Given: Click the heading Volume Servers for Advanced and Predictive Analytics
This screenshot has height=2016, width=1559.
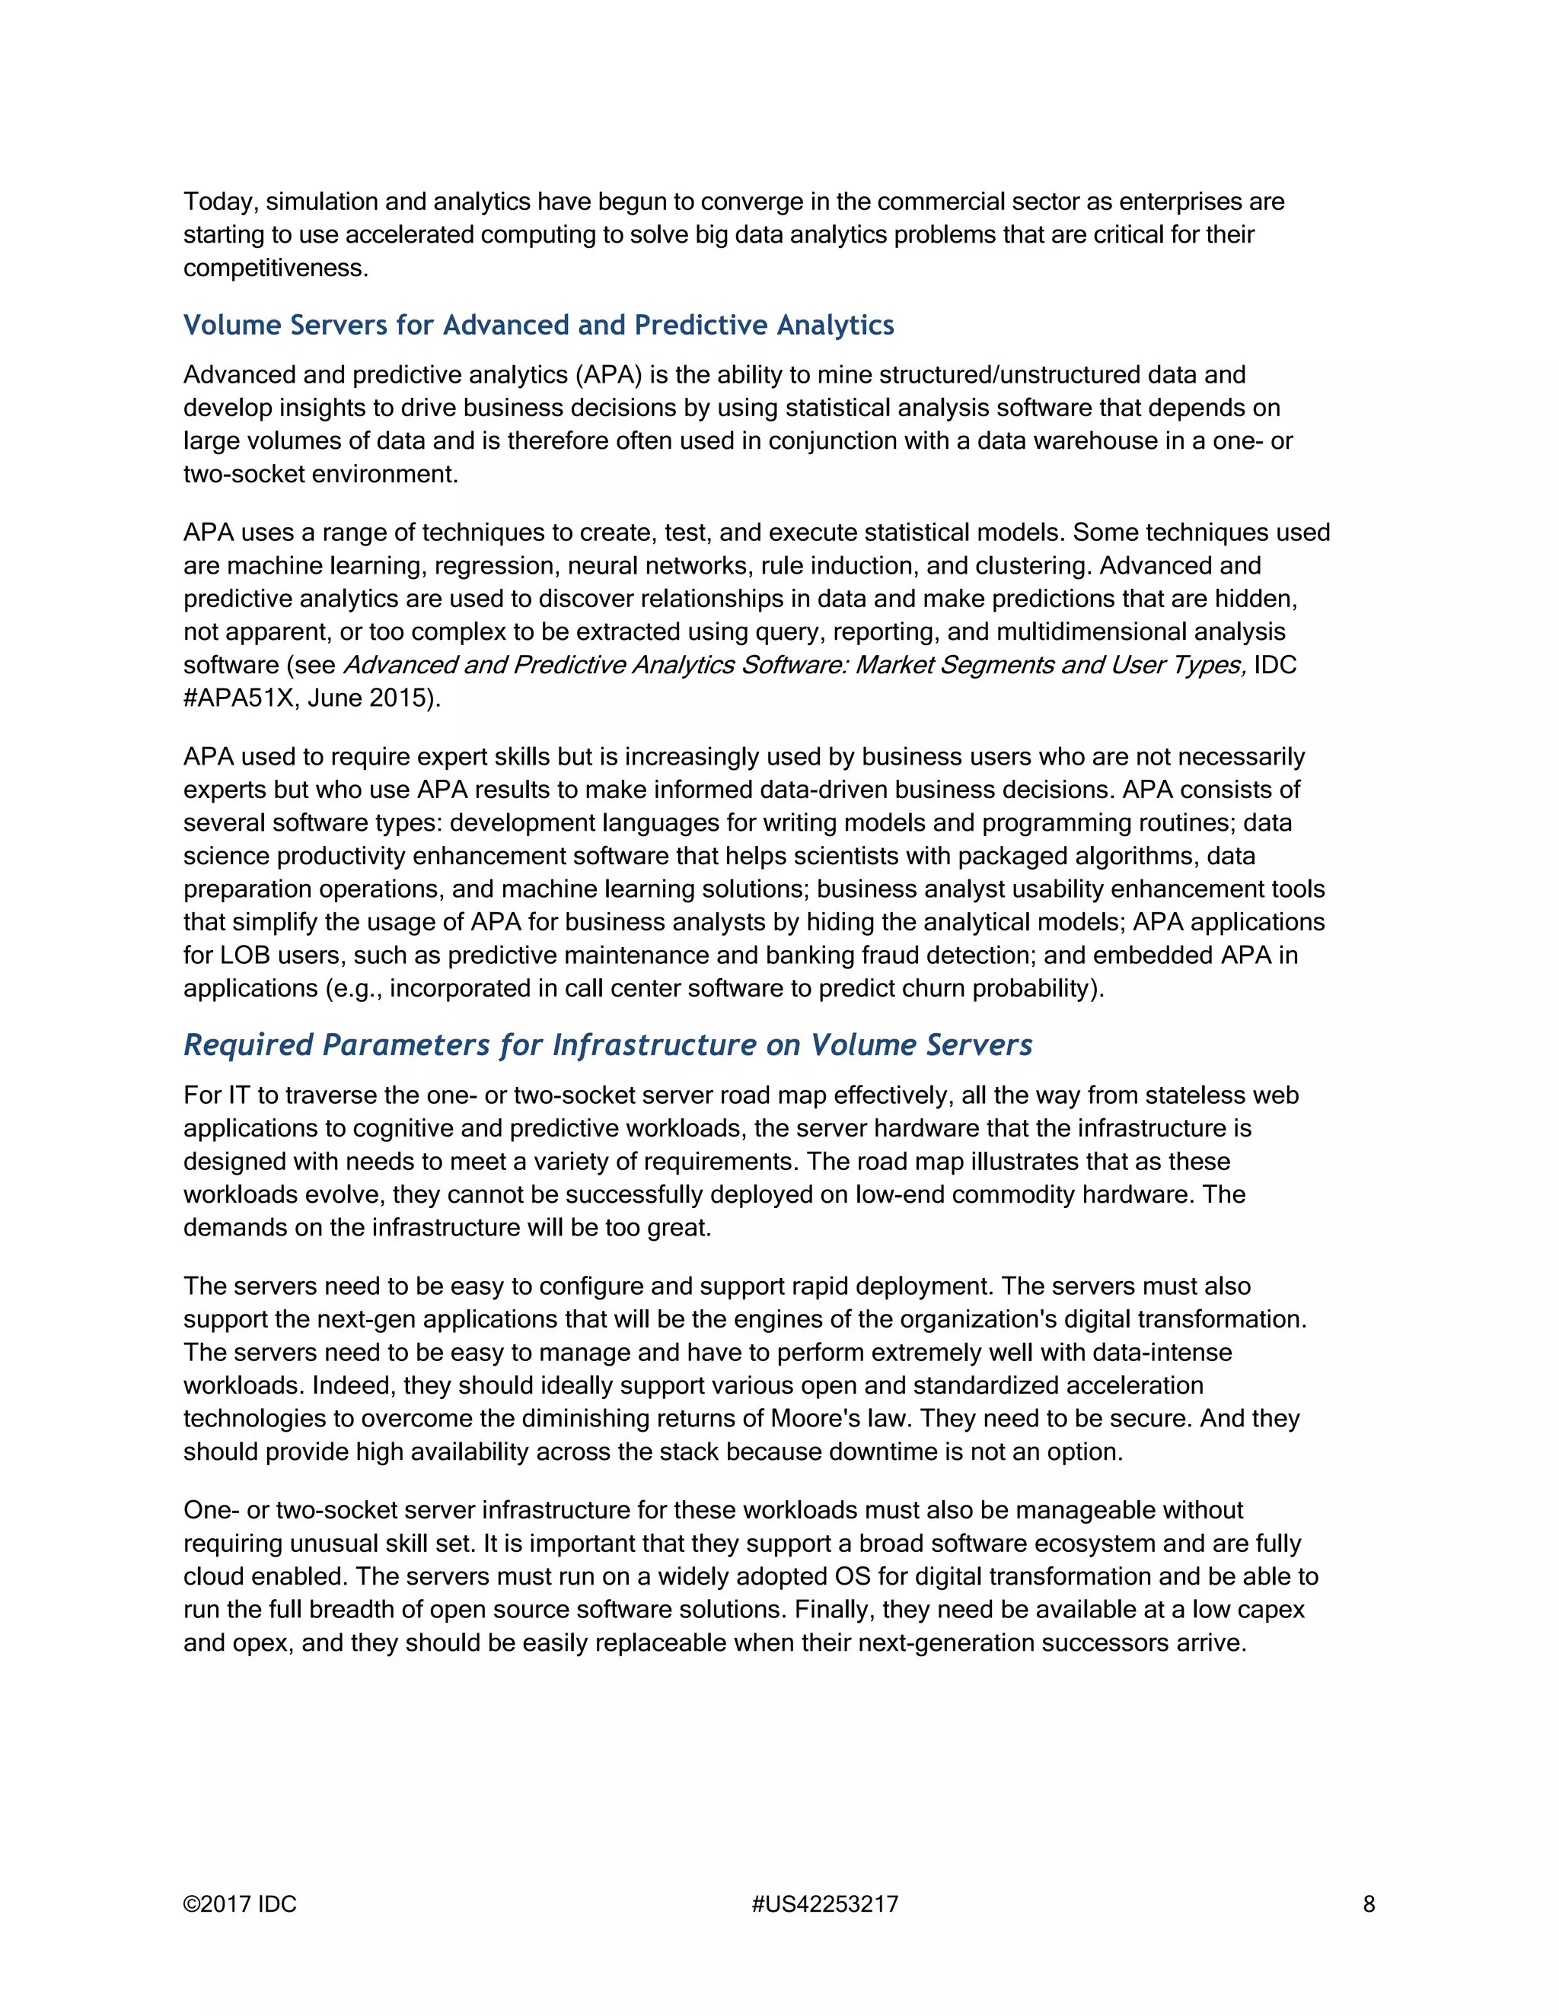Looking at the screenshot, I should pyautogui.click(x=538, y=325).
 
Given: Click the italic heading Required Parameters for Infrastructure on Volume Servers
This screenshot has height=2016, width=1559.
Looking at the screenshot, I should pyautogui.click(x=607, y=1045).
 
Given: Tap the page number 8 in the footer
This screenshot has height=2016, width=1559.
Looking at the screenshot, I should pyautogui.click(x=1369, y=1904).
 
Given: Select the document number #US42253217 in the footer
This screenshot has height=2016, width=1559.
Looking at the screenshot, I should pyautogui.click(x=824, y=1904).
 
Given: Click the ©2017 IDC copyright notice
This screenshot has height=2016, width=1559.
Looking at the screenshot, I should pyautogui.click(x=240, y=1904).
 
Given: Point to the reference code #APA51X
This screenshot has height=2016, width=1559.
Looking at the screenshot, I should pyautogui.click(x=238, y=698).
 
